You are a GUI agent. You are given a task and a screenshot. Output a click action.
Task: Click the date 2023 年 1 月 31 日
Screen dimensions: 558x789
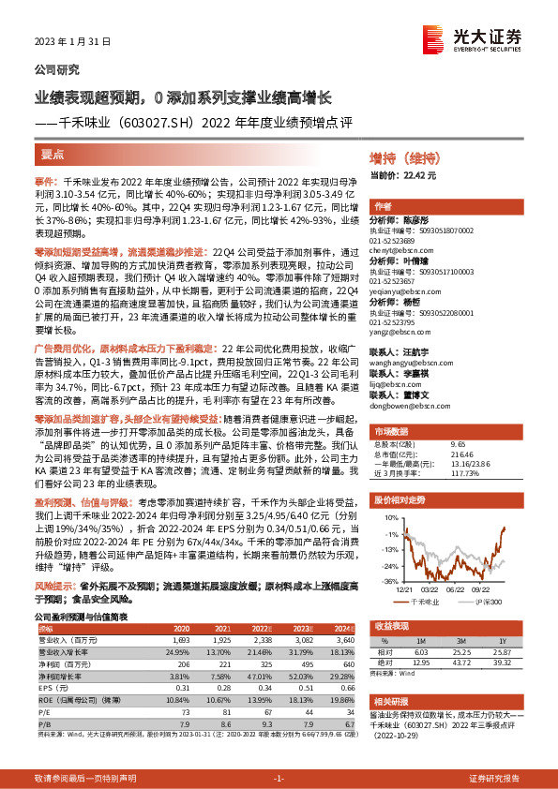pos(73,42)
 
